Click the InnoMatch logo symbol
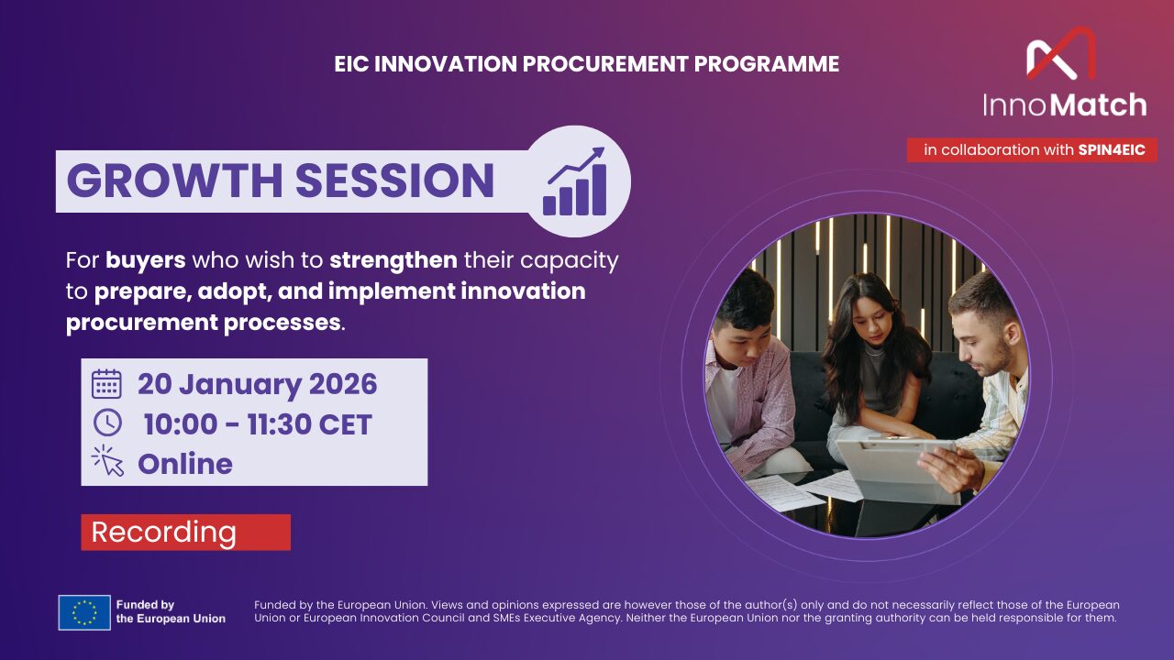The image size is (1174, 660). [x=1061, y=54]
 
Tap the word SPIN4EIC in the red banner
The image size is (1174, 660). [x=1112, y=150]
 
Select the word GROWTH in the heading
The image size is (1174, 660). [x=173, y=181]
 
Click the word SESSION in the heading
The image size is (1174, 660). [x=394, y=181]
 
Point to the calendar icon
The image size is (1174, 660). [x=106, y=384]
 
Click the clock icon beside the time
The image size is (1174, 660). [x=106, y=423]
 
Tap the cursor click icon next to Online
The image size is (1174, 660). [x=107, y=461]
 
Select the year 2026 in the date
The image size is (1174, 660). [x=342, y=384]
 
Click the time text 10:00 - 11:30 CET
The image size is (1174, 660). [x=258, y=424]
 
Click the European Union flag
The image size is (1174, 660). [x=84, y=612]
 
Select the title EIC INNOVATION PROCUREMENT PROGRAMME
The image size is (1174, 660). [x=587, y=64]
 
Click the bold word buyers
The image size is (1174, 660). [x=145, y=260]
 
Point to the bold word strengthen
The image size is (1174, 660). [x=393, y=260]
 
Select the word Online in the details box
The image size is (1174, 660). [x=184, y=464]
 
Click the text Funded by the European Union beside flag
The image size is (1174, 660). [x=171, y=611]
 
